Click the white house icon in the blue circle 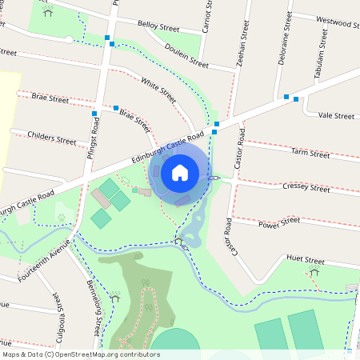[x=180, y=172]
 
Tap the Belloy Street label [x=158, y=26]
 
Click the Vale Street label [x=335, y=116]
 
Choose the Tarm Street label [x=310, y=152]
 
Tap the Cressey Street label [x=306, y=188]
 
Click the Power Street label [x=279, y=222]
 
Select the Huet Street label [x=305, y=261]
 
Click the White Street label [x=158, y=90]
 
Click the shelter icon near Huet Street [x=314, y=272]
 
